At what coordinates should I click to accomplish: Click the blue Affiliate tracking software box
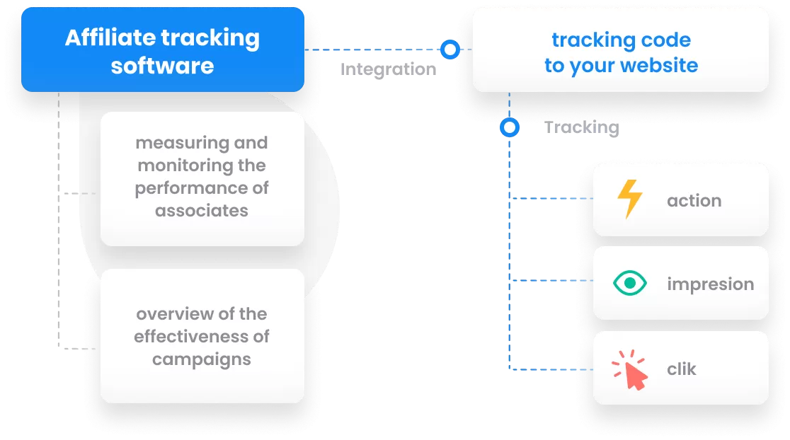coord(162,51)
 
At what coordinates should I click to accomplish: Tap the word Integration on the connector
coord(388,69)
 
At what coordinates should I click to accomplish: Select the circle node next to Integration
coord(450,50)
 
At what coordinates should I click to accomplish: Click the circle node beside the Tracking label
coord(509,127)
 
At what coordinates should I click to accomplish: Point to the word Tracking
coord(581,127)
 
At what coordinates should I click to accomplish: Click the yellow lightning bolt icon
coord(629,199)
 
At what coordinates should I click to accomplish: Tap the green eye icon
coord(629,284)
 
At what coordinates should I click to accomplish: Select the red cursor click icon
coord(629,369)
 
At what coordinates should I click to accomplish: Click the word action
coord(694,201)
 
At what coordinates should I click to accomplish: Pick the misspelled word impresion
coord(710,284)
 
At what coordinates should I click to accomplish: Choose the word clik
coord(682,369)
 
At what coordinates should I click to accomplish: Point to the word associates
coord(202,211)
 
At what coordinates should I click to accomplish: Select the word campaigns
coord(202,359)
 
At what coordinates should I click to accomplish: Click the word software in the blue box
coord(162,66)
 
